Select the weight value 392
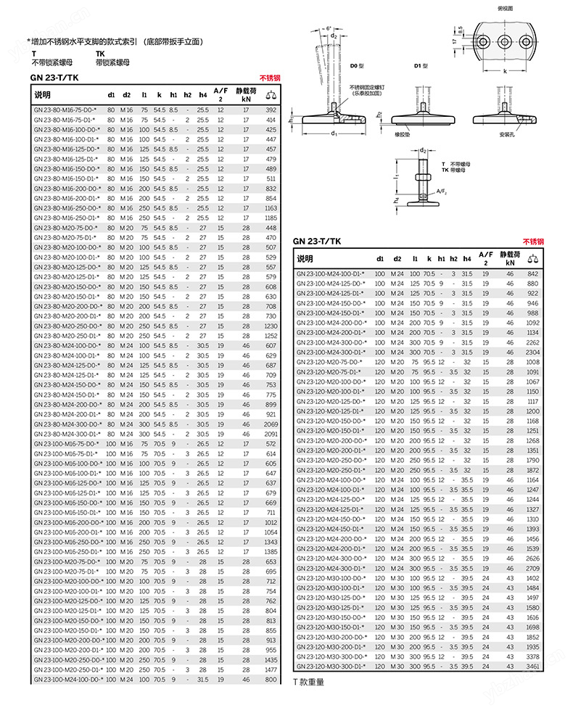[271, 110]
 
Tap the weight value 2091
[271, 434]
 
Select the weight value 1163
[271, 207]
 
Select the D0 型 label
[358, 66]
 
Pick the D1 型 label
[421, 66]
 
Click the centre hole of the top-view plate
[506, 40]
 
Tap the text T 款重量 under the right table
[308, 682]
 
